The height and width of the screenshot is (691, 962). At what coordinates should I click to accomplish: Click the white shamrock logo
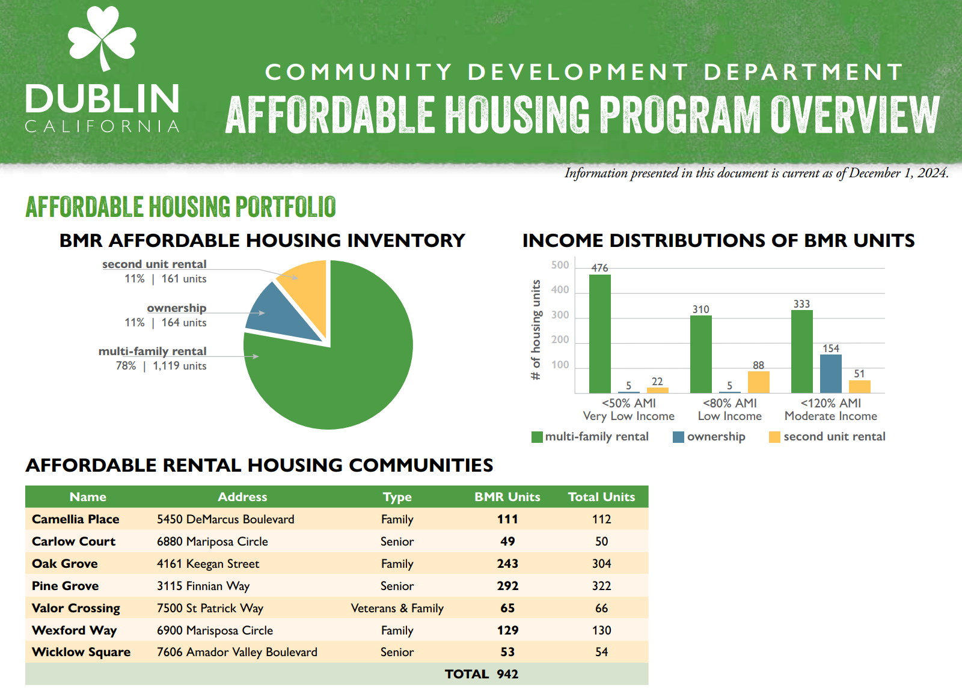pos(102,37)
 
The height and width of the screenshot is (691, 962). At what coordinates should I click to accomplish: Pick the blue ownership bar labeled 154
pos(830,373)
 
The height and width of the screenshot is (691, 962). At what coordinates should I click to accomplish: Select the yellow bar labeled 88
pos(758,382)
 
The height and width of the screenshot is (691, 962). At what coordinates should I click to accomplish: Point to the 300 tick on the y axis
pos(560,315)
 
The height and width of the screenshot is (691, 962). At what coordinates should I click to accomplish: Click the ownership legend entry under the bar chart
pos(709,437)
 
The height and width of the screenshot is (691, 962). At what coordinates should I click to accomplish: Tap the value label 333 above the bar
pos(801,304)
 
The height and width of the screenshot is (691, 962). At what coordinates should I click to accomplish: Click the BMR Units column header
pos(507,497)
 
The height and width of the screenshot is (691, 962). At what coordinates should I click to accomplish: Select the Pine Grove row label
pos(65,586)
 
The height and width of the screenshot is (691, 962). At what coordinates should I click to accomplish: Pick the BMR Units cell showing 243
pos(507,564)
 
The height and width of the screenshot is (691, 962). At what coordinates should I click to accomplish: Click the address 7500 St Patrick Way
pos(210,608)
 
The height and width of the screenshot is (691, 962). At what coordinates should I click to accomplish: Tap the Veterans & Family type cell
pos(397,608)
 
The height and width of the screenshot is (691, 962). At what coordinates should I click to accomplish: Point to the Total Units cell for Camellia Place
pos(601,519)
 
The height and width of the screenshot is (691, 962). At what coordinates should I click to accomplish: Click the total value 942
pos(507,674)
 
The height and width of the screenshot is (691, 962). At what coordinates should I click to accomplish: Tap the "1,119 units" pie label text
pos(179,366)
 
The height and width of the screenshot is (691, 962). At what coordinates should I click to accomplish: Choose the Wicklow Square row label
pos(81,652)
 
